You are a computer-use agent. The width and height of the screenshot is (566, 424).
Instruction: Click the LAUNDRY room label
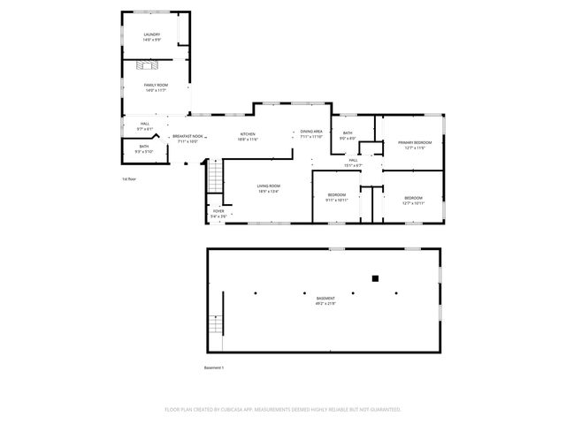(152, 34)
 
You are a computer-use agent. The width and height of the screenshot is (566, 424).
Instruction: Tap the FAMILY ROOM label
(156, 85)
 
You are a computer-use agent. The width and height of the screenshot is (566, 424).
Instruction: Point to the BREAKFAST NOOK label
(187, 136)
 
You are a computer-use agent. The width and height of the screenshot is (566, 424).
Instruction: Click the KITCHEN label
(248, 134)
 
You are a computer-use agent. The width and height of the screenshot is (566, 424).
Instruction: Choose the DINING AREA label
(311, 131)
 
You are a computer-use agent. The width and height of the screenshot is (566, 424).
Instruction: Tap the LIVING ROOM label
(268, 185)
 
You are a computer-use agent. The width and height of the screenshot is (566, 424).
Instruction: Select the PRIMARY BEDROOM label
(415, 141)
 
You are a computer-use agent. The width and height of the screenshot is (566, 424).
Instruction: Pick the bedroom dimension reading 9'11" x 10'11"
(337, 201)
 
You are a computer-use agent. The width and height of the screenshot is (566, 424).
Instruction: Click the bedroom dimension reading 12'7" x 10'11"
(414, 203)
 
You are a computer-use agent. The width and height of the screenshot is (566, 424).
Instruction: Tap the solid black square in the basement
(375, 278)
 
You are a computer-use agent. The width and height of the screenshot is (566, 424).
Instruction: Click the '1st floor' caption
(129, 178)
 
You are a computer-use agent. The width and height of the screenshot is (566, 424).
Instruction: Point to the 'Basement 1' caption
(215, 367)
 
